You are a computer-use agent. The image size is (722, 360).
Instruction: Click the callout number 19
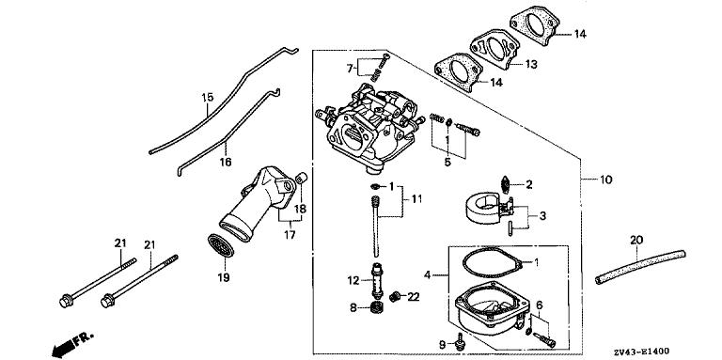pos(226,278)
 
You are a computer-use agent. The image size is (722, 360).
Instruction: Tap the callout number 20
pos(636,240)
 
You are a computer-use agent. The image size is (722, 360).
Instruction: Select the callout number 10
pos(606,180)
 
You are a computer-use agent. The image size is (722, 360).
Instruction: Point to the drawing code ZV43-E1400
pos(641,352)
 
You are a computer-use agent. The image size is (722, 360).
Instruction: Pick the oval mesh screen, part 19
pos(221,245)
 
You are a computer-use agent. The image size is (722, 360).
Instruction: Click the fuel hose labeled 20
pos(640,266)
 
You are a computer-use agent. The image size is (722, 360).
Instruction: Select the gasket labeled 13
pos(495,48)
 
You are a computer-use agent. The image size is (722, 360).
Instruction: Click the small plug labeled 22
pos(394,297)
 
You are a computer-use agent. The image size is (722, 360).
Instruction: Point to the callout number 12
pos(353,280)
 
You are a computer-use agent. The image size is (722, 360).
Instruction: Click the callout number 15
pos(208,98)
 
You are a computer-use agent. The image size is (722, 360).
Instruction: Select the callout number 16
pos(226,162)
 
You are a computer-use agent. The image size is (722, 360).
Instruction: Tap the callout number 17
pos(290,235)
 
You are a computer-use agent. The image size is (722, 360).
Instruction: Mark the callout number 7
pos(350,69)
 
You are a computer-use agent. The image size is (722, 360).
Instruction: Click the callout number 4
pos(428,275)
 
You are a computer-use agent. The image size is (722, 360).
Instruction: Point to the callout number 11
pos(416,199)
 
